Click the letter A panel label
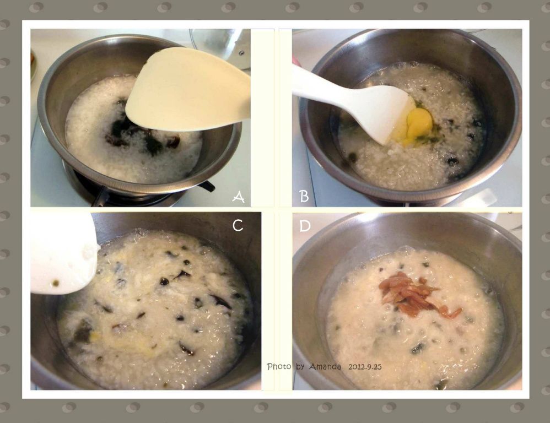tap(238, 197)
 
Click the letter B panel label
tap(304, 196)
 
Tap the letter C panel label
tap(238, 225)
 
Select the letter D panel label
tap(305, 226)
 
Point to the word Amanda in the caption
tap(325, 367)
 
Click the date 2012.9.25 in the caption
tap(365, 367)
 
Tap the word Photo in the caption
tap(279, 367)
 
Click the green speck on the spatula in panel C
tap(55, 283)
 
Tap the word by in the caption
tap(300, 367)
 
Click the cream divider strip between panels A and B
tap(262, 118)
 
